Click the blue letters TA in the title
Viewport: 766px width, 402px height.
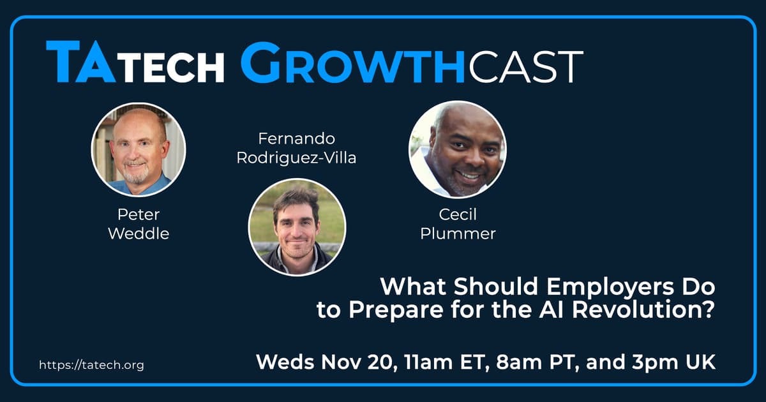80,61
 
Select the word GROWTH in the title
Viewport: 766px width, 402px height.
352,63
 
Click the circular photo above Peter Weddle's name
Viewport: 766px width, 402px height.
139,150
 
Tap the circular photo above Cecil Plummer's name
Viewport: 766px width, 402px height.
458,149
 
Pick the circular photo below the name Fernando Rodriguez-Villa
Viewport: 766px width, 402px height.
297,227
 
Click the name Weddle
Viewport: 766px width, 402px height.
139,234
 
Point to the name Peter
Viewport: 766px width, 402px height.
139,214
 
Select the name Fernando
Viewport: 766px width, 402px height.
296,138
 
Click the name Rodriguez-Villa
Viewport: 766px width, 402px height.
296,158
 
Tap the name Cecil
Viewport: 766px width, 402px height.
458,214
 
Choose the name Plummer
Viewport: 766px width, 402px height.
458,234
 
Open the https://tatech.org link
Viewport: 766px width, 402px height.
92,365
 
